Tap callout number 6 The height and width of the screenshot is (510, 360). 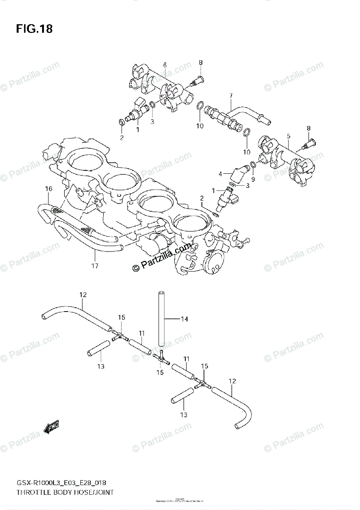[164, 65]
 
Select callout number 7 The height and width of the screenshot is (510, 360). [231, 95]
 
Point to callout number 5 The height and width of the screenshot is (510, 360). [288, 136]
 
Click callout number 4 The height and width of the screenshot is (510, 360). [221, 173]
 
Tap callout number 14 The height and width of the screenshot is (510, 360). [184, 319]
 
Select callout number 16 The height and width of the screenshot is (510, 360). [49, 188]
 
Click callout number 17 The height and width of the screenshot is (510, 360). [94, 266]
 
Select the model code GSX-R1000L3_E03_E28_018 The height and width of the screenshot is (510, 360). [61, 483]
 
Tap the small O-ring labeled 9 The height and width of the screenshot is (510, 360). [253, 164]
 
